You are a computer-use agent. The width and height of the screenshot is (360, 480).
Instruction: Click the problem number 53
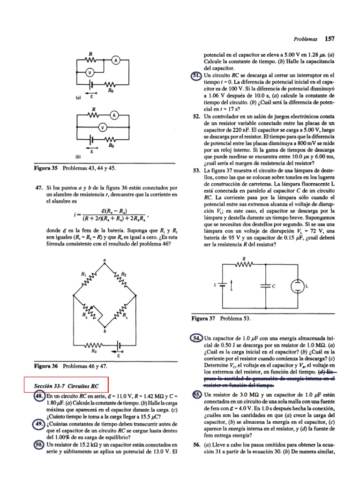(x=197, y=170)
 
